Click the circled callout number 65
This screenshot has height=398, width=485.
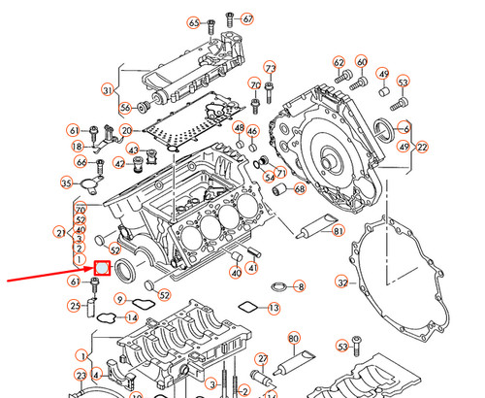194,22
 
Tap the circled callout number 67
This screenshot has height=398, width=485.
247,18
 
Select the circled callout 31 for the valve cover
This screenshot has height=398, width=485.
107,90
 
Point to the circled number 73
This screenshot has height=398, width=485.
270,68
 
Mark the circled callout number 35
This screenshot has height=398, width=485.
66,182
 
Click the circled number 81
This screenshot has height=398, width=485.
339,230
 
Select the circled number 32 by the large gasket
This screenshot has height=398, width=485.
341,282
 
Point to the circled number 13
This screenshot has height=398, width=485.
274,308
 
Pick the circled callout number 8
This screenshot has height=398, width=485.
300,286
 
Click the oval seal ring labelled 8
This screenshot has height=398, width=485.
276,286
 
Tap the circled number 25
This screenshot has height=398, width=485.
74,307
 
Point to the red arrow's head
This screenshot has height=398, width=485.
88,271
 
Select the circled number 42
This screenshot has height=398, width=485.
119,163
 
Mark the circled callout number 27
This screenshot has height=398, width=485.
260,358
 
